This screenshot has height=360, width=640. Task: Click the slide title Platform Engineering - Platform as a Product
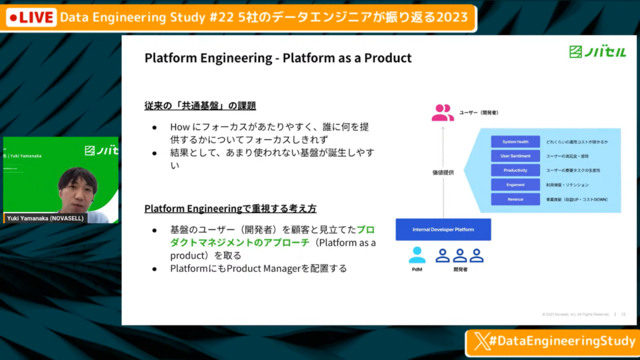[278, 58]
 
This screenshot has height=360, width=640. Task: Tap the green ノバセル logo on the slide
[597, 52]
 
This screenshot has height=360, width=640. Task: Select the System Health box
[514, 142]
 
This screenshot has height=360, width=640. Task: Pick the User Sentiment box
[514, 156]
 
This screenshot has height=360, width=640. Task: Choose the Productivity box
[514, 171]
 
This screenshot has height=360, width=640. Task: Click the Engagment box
[514, 185]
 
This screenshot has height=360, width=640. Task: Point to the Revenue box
[514, 199]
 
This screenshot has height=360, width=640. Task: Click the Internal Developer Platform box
[443, 229]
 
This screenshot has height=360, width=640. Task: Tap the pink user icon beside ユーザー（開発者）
[442, 112]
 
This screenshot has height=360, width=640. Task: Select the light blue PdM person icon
[417, 254]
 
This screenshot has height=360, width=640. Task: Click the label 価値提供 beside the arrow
[444, 172]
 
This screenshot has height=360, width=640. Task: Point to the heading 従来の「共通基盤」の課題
[200, 106]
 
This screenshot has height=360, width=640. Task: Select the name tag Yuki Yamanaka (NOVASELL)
[45, 218]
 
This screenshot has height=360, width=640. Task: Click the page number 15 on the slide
[623, 314]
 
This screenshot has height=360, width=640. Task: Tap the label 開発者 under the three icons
[459, 269]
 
